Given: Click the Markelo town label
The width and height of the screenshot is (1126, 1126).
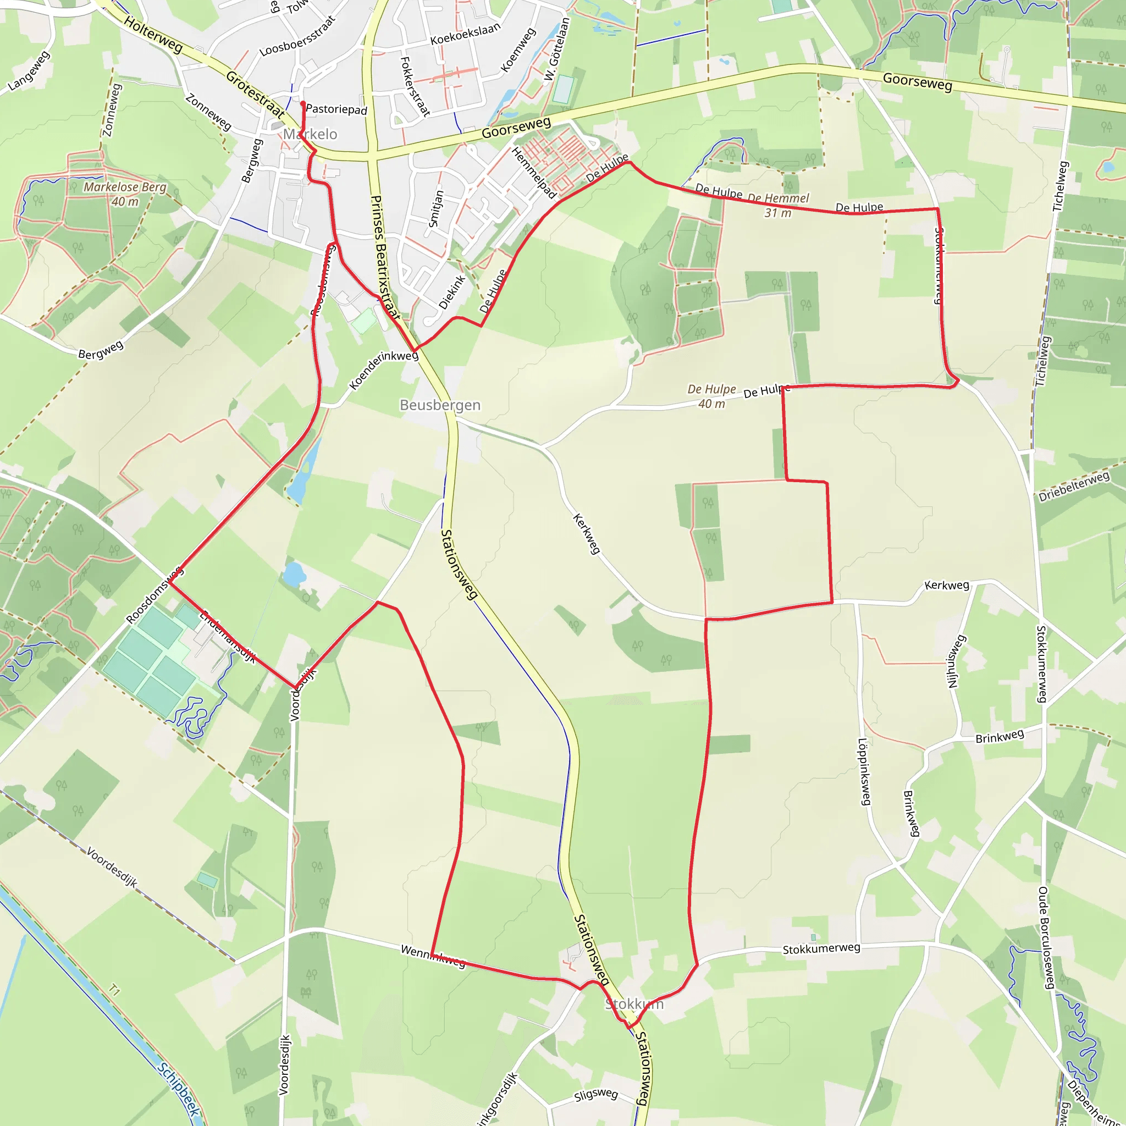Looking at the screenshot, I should (310, 135).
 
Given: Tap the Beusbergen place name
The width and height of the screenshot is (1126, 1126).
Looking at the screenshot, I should (440, 405).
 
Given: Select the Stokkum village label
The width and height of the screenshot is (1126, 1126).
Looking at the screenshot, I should (634, 1003).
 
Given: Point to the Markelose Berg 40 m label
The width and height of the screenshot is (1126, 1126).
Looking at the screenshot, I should (125, 194).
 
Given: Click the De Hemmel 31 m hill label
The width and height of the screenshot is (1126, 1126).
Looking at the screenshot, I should (778, 205).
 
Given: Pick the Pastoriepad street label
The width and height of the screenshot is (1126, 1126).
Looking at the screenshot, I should (336, 109).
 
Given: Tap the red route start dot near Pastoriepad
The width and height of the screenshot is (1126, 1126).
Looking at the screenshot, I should (303, 104).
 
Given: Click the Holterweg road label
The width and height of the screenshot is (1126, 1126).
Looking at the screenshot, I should (153, 35).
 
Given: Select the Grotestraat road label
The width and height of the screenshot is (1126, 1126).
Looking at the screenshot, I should (255, 94).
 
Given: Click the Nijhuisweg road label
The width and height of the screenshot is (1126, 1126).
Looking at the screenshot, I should (952, 661).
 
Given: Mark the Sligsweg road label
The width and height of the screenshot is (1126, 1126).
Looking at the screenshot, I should (595, 1095).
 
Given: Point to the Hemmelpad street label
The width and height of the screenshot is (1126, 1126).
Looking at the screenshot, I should (533, 173).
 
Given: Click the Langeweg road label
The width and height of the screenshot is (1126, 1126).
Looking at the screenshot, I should (29, 71).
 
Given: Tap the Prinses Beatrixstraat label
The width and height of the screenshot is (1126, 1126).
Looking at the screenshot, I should (385, 257).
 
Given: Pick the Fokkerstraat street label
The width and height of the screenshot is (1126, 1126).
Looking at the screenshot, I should (415, 86).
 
